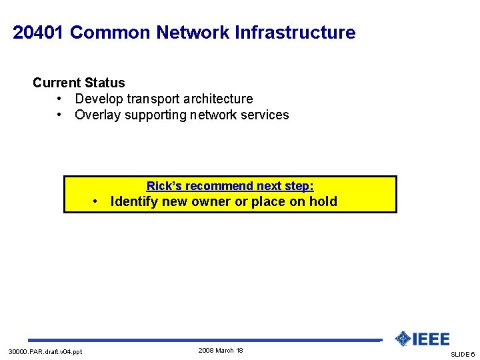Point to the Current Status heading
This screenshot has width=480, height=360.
tap(79, 83)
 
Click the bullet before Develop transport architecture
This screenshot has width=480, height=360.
tap(60, 99)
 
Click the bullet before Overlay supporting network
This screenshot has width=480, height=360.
tap(60, 115)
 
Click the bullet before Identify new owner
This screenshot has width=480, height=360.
tap(96, 201)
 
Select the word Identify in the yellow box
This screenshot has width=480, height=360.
tap(134, 201)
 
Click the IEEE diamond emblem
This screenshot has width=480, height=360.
tap(402, 339)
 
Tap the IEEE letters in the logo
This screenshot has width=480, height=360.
tap(431, 339)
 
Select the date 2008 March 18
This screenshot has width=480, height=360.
tap(221, 351)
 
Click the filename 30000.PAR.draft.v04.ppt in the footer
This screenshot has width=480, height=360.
tap(45, 351)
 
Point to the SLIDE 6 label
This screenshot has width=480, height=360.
tap(463, 354)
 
